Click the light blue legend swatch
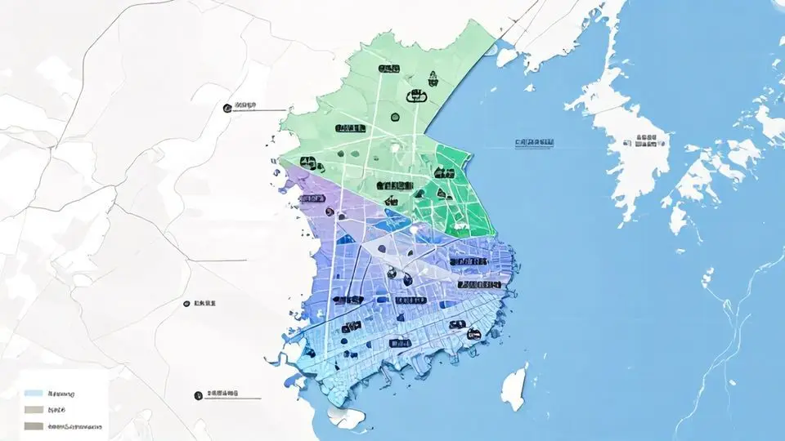tap(33, 393)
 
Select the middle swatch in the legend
tap(33, 409)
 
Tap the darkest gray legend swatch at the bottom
tap(33, 425)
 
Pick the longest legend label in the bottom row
tap(75, 425)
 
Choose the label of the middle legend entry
tap(56, 409)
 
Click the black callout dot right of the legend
tap(198, 395)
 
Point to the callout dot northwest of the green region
tap(227, 106)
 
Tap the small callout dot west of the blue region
tap(187, 303)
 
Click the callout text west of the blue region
tap(205, 303)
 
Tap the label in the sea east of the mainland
tap(534, 142)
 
